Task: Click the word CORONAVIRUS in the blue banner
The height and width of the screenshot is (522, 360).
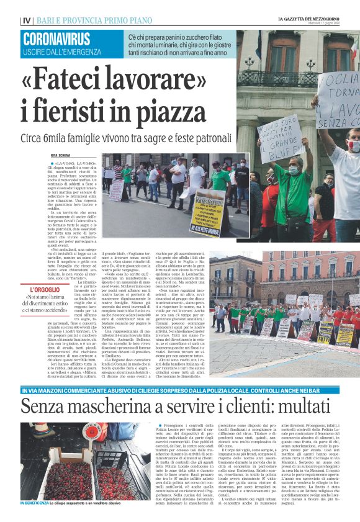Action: [56, 39]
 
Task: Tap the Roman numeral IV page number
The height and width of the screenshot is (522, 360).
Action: [26, 20]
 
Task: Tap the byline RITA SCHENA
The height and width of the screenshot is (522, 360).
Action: [63, 155]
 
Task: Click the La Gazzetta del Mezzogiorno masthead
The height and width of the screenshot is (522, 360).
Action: [317, 19]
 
